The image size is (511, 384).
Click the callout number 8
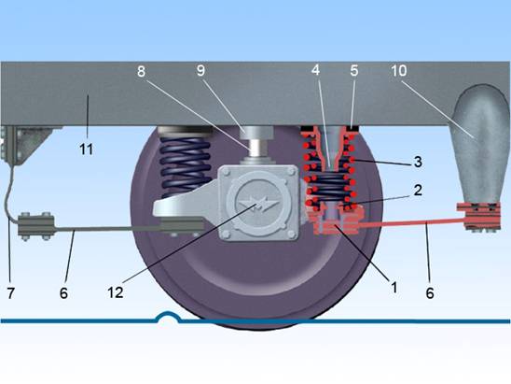[x=141, y=71]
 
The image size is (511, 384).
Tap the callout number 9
[x=200, y=70]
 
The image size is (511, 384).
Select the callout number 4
[x=315, y=70]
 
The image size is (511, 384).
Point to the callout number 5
[x=354, y=70]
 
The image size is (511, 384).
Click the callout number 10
[x=399, y=70]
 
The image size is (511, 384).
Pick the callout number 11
[x=87, y=149]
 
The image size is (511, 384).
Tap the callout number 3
[x=418, y=162]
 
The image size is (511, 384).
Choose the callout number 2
[x=418, y=190]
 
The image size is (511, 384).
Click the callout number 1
[x=394, y=288]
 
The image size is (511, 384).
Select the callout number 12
[x=116, y=292]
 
